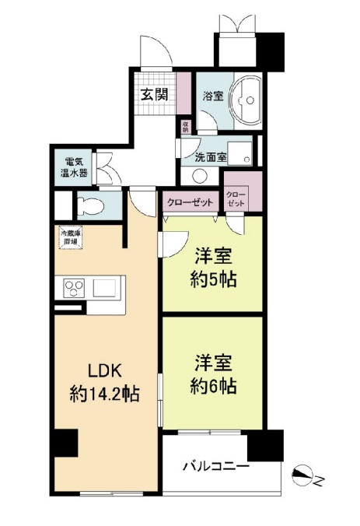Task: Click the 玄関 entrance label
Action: tap(155, 95)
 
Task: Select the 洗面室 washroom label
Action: tap(211, 156)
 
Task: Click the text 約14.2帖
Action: tap(104, 394)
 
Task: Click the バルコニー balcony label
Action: tap(215, 467)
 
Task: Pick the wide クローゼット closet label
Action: tap(189, 202)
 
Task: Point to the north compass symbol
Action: tap(308, 476)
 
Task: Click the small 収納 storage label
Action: tap(185, 125)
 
